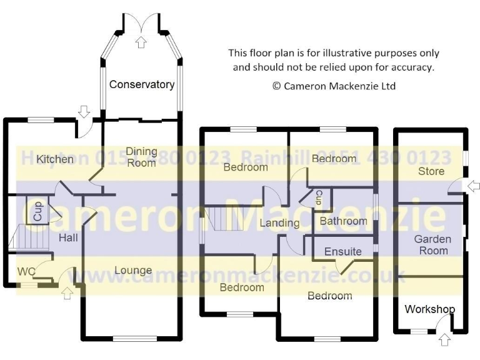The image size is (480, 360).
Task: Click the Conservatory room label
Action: point(141,84)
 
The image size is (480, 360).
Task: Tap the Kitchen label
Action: point(55,159)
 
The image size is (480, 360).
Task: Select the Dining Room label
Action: point(141,157)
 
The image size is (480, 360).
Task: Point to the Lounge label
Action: point(133,270)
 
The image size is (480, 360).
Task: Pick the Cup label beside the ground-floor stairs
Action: point(37,211)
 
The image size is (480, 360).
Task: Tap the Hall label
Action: point(69,238)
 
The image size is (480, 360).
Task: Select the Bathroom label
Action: point(343,221)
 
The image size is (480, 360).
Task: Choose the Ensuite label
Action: point(342,251)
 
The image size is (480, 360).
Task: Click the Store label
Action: point(431,171)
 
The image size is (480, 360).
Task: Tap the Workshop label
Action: point(430,309)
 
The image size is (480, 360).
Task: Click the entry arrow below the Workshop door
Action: point(444,340)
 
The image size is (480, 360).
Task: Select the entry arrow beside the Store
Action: point(473,186)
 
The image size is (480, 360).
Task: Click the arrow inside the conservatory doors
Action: point(141,42)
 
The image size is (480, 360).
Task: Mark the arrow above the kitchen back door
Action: point(84,111)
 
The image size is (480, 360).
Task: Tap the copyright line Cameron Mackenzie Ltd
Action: point(334,86)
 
